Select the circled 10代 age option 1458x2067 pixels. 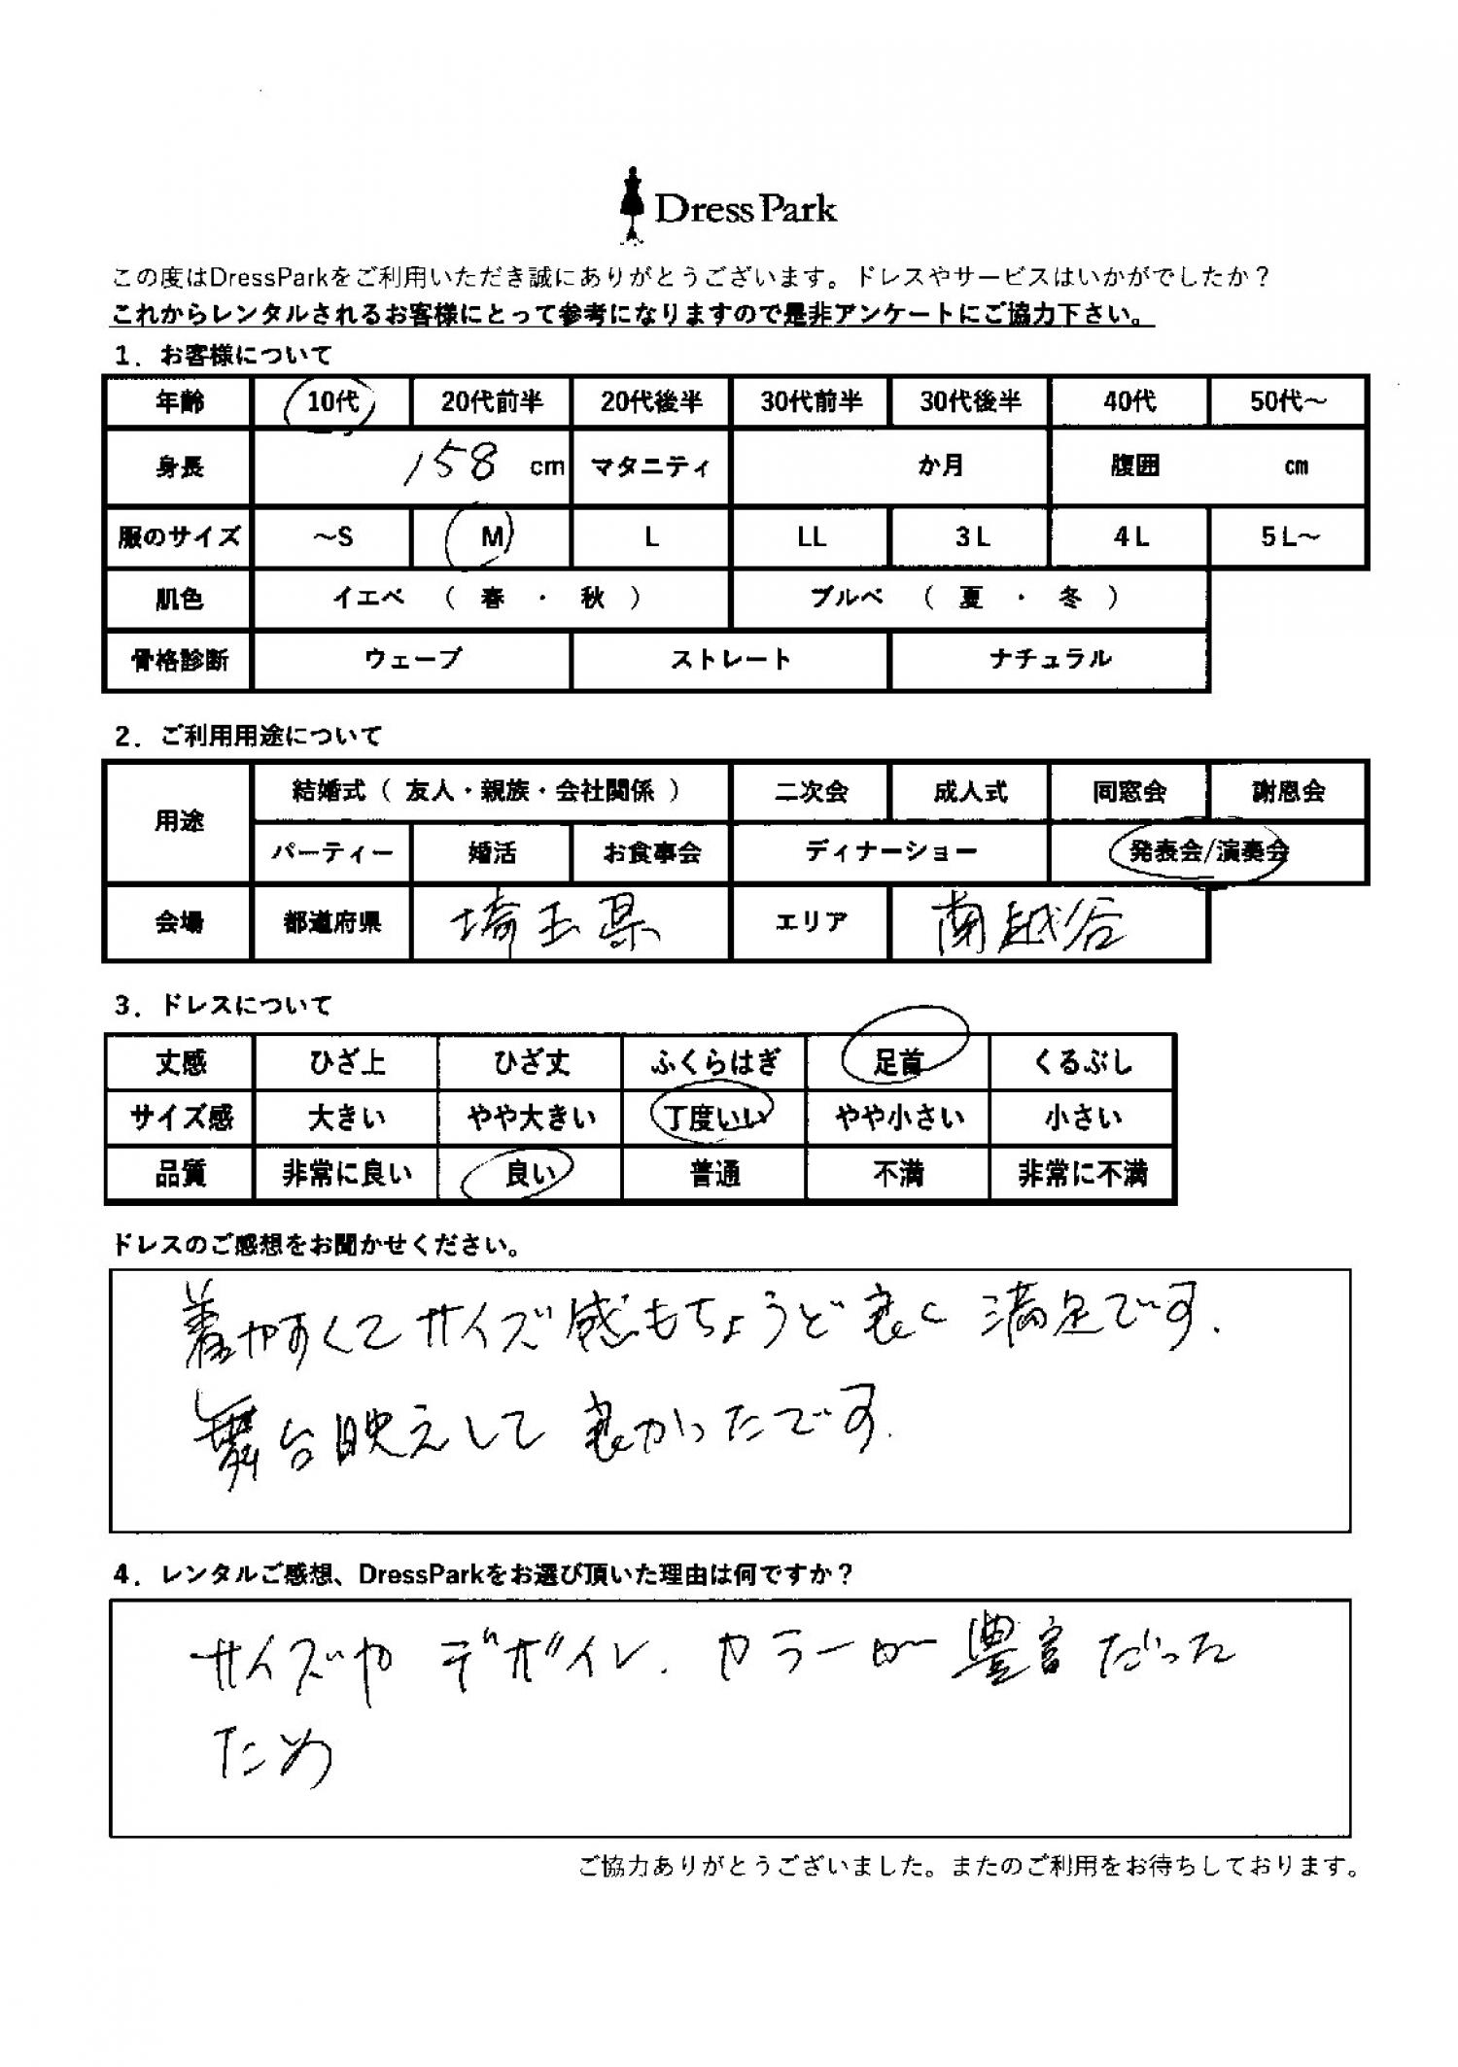(332, 401)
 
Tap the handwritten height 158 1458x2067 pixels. (454, 465)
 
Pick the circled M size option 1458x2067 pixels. (491, 535)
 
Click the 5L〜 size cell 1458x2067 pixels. (1288, 536)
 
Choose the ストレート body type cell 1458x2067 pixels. (730, 660)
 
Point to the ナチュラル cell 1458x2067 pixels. (1049, 660)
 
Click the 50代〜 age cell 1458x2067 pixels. (1288, 401)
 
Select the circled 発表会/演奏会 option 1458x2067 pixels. (1205, 852)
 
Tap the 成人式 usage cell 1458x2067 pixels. (969, 792)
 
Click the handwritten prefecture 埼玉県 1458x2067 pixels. (554, 924)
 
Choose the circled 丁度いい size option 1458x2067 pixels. (714, 1118)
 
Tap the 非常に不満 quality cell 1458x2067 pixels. (1082, 1174)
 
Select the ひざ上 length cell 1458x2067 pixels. (346, 1062)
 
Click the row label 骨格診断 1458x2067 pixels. (179, 661)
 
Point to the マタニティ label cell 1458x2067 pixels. (650, 466)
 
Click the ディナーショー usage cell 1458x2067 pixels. (889, 852)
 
